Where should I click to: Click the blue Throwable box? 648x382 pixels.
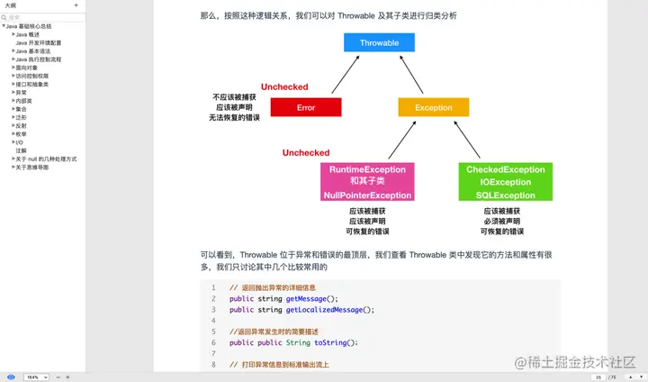pyautogui.click(x=378, y=42)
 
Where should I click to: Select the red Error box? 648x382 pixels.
pyautogui.click(x=305, y=107)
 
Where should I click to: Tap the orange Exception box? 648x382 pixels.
pyautogui.click(x=433, y=107)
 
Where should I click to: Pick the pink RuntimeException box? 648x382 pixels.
pyautogui.click(x=367, y=182)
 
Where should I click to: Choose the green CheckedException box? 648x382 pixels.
pyautogui.click(x=506, y=182)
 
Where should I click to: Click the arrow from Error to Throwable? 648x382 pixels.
pyautogui.click(x=346, y=75)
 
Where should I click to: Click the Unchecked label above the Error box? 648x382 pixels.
pyautogui.click(x=284, y=87)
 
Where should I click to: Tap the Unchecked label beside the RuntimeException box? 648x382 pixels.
pyautogui.click(x=306, y=153)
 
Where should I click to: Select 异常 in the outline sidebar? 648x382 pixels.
pyautogui.click(x=21, y=92)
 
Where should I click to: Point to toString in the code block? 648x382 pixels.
pyautogui.click(x=334, y=342)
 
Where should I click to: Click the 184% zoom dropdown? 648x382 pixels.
pyautogui.click(x=36, y=377)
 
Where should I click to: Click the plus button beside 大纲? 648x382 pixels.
pyautogui.click(x=76, y=5)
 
